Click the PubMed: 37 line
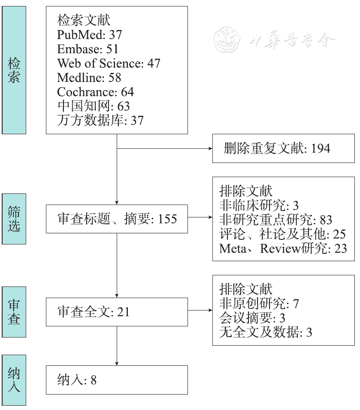click(x=90, y=35)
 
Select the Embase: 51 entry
click(x=88, y=49)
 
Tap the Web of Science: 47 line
click(x=109, y=63)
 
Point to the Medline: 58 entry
click(x=89, y=78)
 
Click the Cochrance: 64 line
click(x=96, y=92)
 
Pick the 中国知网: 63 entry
click(x=94, y=106)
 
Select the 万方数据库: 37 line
click(x=100, y=120)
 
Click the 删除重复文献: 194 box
click(x=283, y=148)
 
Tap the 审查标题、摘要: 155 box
click(x=117, y=219)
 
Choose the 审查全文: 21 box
click(x=117, y=312)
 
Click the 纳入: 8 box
click(x=117, y=380)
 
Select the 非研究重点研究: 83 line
click(x=275, y=220)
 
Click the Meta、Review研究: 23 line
click(x=283, y=248)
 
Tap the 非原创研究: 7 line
click(x=259, y=304)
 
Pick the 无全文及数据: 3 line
click(x=266, y=332)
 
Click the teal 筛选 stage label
click(x=14, y=219)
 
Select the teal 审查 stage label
click(x=14, y=312)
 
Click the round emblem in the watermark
click(x=227, y=40)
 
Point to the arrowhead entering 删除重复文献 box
click(x=210, y=148)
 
